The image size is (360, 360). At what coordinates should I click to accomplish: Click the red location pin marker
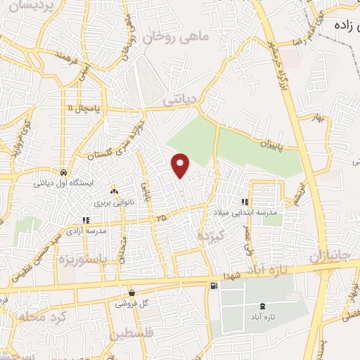pyautogui.click(x=181, y=165)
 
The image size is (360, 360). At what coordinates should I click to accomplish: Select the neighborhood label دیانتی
pyautogui.click(x=179, y=101)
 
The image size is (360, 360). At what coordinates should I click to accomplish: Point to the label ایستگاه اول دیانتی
pyautogui.click(x=63, y=184)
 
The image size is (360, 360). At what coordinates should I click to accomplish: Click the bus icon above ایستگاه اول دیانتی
pyautogui.click(x=63, y=172)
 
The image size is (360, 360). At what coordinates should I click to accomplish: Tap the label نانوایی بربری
pyautogui.click(x=114, y=201)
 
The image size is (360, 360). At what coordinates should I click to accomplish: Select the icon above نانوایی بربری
pyautogui.click(x=114, y=191)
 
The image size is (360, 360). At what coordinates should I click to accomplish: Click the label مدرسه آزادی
pyautogui.click(x=87, y=231)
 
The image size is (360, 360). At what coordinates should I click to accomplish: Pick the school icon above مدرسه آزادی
pyautogui.click(x=86, y=220)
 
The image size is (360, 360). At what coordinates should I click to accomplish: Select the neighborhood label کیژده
pyautogui.click(x=210, y=233)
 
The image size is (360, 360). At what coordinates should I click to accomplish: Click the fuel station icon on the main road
pyautogui.click(x=213, y=285)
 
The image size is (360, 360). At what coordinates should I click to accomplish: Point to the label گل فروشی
pyautogui.click(x=133, y=303)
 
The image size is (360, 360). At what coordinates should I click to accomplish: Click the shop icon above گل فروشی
pyautogui.click(x=132, y=292)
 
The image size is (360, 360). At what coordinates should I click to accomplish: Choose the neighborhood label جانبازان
pyautogui.click(x=325, y=254)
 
